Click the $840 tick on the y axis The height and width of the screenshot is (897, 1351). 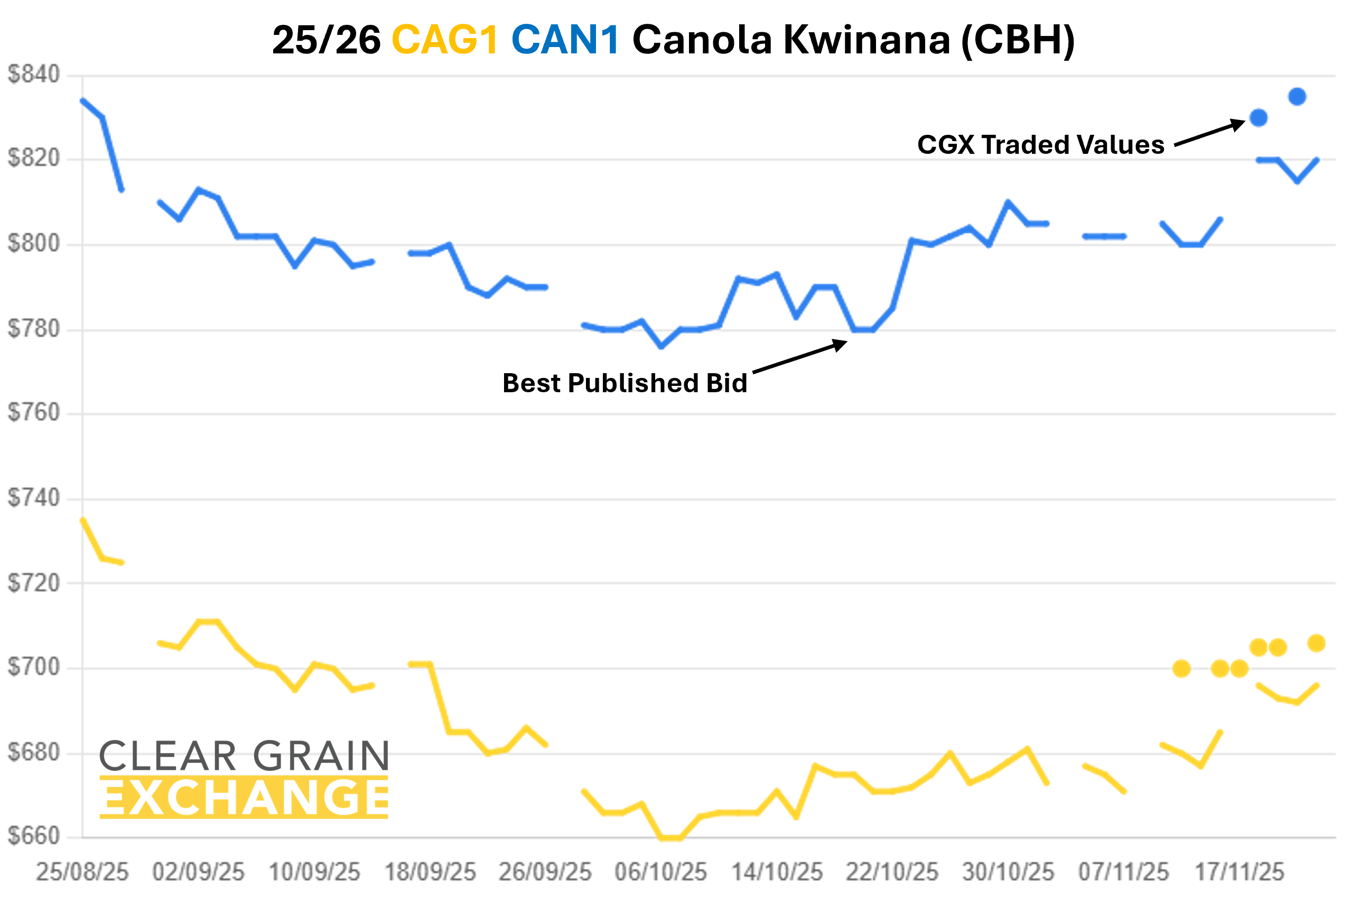(x=33, y=75)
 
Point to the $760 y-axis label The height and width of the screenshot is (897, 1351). (x=33, y=412)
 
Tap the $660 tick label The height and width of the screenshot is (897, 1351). (x=33, y=836)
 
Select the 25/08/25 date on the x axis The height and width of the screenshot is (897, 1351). (x=82, y=872)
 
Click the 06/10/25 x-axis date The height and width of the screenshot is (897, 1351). (x=660, y=872)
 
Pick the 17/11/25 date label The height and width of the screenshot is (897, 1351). (x=1240, y=872)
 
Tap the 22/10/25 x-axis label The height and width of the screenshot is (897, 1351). (x=892, y=872)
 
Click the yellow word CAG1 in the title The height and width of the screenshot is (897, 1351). (x=445, y=40)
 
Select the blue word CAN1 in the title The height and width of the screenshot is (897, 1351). (x=565, y=40)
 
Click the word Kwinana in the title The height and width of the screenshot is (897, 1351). (x=866, y=40)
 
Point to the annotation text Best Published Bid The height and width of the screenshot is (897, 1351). (x=625, y=383)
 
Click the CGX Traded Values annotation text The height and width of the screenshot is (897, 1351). (x=1040, y=145)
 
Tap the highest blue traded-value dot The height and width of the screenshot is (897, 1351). (x=1297, y=97)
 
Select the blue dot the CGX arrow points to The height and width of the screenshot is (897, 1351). (x=1259, y=118)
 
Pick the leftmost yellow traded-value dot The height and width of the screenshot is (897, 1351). (x=1181, y=669)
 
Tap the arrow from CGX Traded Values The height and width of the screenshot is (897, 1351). (x=1209, y=133)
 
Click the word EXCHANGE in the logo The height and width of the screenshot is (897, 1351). (x=244, y=798)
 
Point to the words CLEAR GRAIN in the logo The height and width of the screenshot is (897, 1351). (x=244, y=756)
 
